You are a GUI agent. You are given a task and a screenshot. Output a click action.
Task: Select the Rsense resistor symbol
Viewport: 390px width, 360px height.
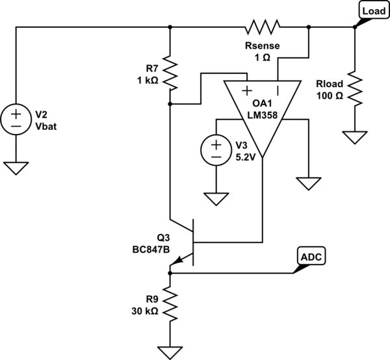[262, 27]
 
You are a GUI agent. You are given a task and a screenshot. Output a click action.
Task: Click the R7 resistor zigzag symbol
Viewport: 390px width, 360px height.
[170, 73]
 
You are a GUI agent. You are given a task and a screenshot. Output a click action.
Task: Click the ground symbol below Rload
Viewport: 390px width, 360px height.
[355, 138]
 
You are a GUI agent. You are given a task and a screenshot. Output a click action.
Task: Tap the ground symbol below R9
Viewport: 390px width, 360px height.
[170, 352]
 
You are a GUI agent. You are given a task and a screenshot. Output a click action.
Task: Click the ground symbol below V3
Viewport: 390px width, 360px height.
[215, 197]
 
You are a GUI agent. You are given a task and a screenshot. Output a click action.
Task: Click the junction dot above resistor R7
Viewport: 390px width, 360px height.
[170, 27]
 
